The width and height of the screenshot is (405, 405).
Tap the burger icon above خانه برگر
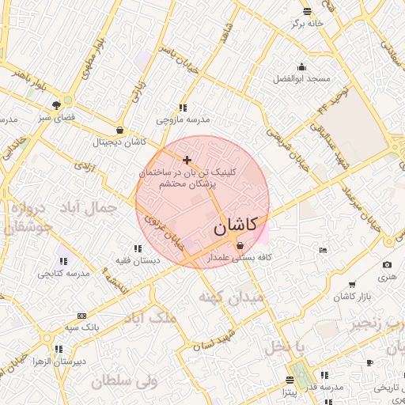307,11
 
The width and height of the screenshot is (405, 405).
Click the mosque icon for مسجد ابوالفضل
301,66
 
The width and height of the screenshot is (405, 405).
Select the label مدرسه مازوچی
183,119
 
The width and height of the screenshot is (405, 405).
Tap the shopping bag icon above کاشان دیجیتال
119,131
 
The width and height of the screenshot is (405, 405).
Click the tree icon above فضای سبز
57,104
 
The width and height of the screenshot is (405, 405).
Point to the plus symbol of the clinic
187,161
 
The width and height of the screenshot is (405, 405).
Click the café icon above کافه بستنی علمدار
240,246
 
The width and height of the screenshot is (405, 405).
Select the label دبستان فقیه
138,259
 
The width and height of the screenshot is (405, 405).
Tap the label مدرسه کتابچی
63,273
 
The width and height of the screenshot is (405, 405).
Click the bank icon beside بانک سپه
82,316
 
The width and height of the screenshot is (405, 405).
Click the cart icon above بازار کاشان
351,285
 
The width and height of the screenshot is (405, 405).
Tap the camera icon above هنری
387,265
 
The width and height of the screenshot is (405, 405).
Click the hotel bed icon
321,251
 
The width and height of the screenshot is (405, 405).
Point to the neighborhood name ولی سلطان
124,381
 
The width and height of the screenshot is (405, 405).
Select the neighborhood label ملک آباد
151,318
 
